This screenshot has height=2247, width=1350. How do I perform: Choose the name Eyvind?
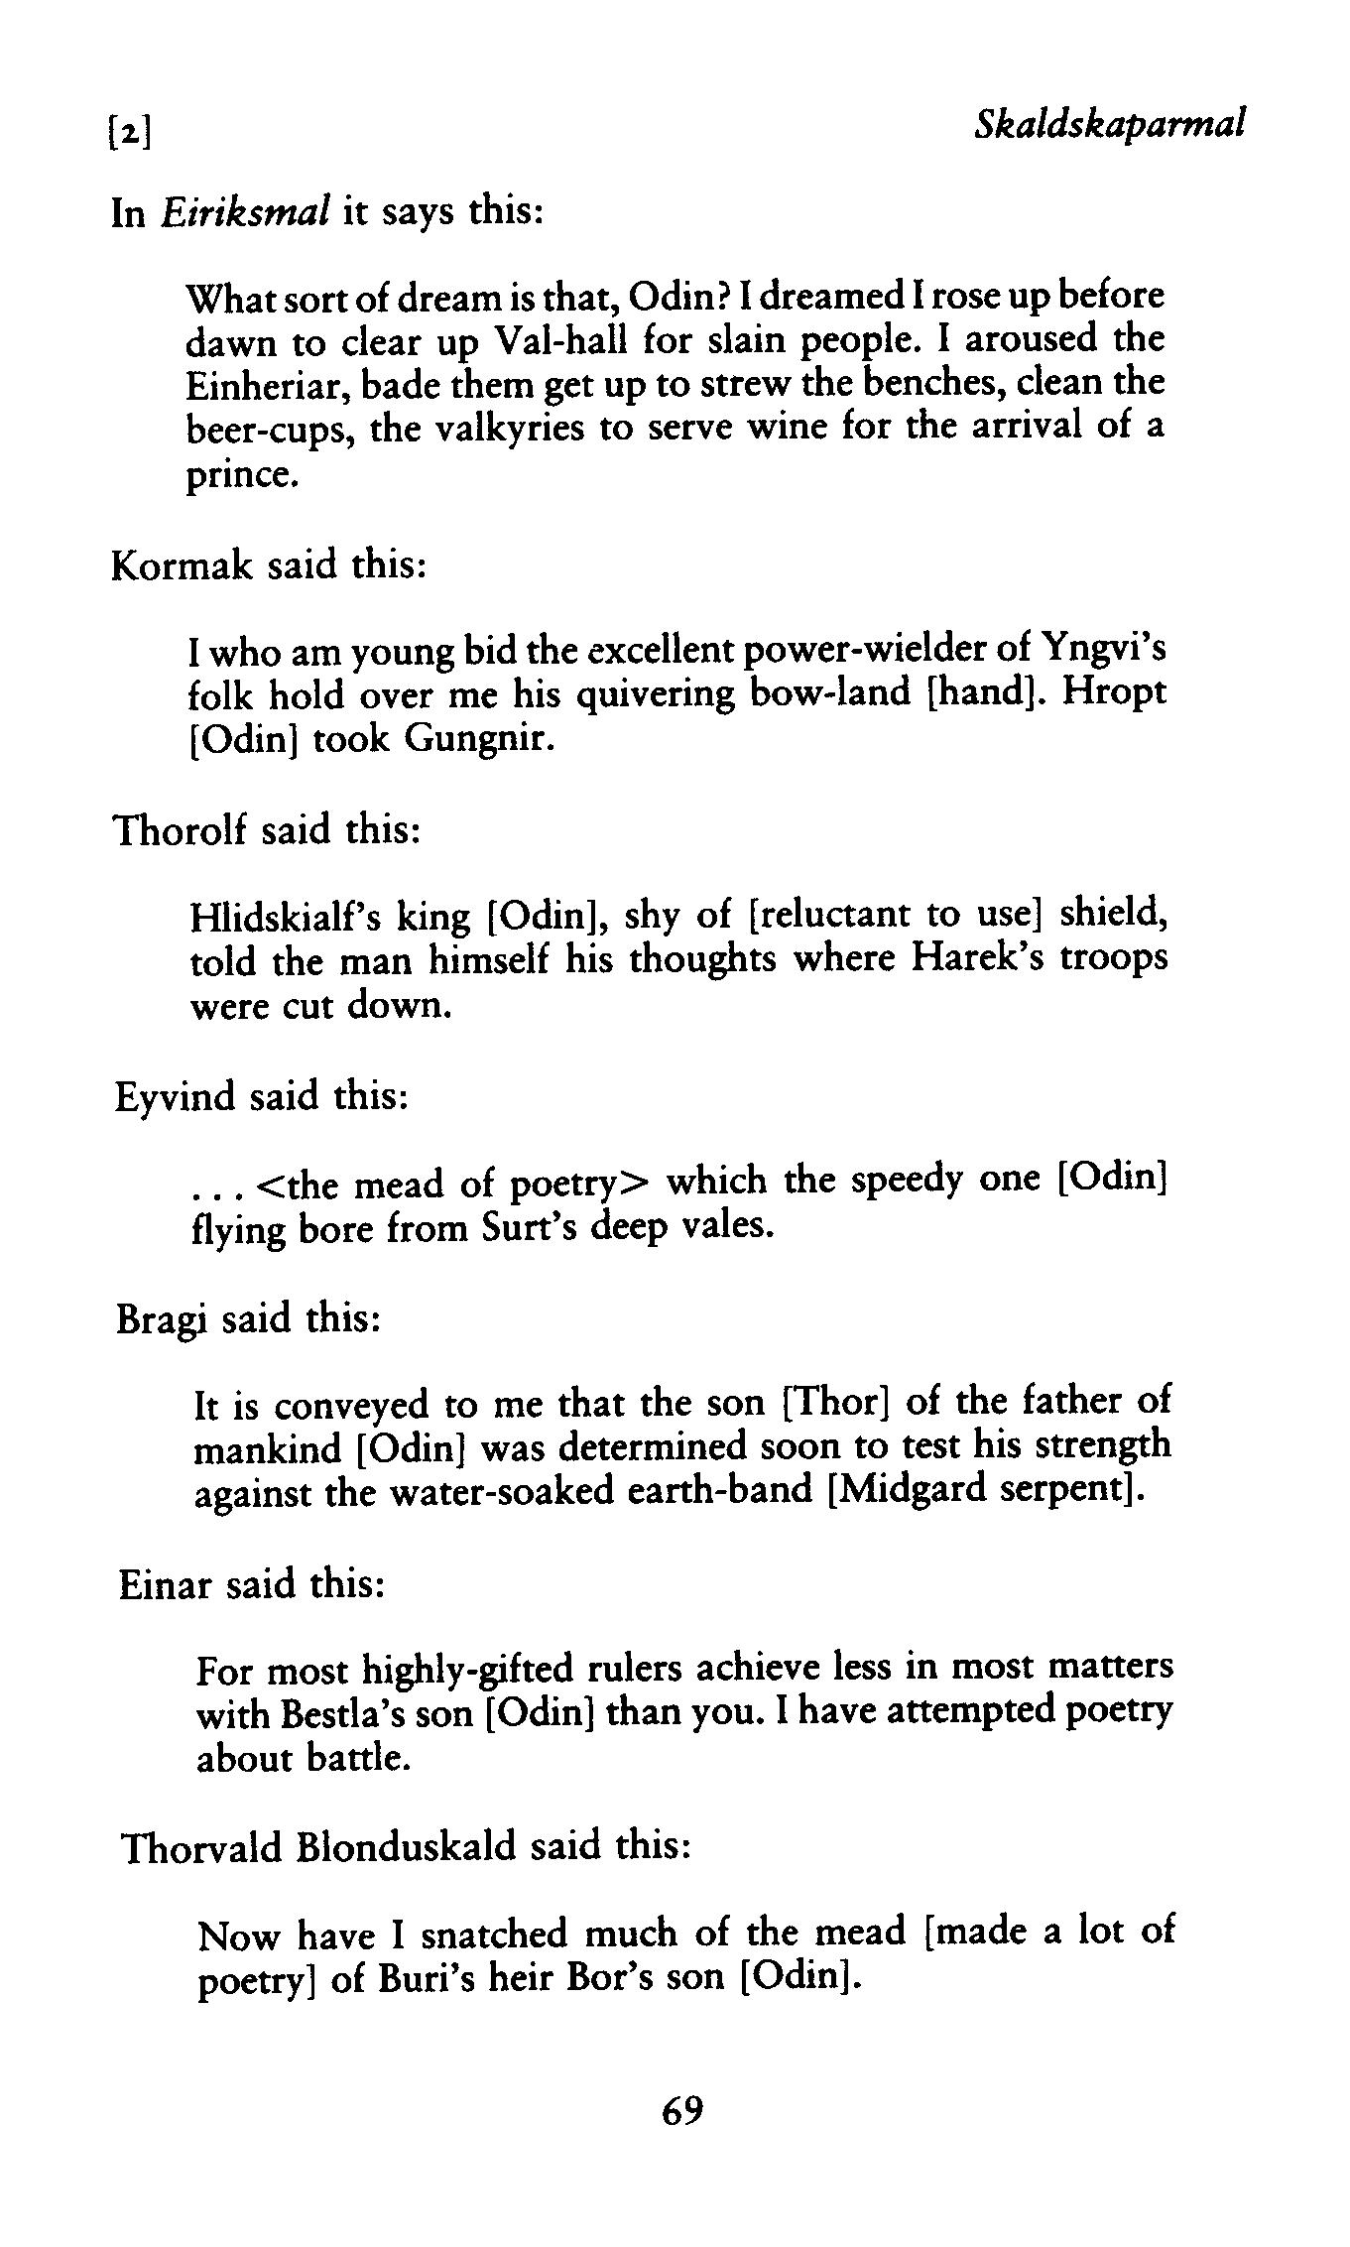coord(175,1097)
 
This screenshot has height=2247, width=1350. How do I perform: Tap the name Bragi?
coord(162,1319)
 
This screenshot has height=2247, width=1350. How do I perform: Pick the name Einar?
coord(165,1584)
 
